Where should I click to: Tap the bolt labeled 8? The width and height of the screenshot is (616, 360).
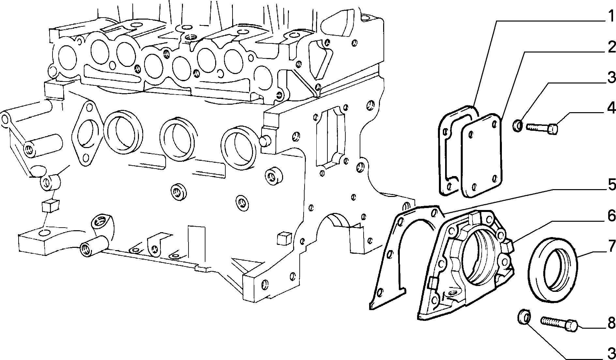click(x=559, y=323)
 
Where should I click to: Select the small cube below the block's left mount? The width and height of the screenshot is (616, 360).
click(x=50, y=205)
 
